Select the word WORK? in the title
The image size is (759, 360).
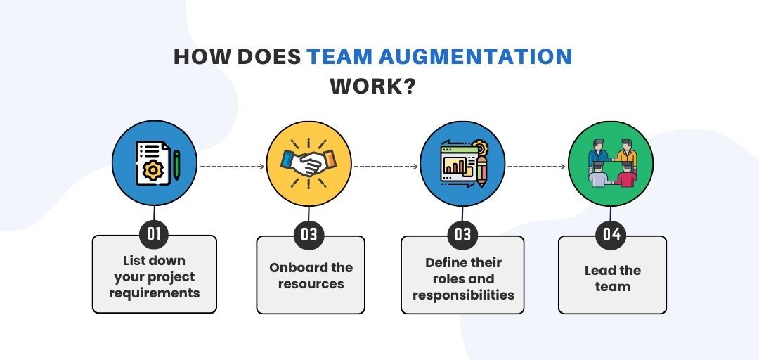[372, 86]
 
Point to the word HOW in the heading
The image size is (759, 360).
[202, 57]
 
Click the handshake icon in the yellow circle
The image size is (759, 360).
[309, 164]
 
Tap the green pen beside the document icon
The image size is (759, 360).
[176, 165]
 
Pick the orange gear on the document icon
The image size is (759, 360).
[153, 170]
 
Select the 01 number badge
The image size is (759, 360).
[154, 235]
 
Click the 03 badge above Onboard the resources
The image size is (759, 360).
[309, 235]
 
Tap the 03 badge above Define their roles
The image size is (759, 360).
[462, 235]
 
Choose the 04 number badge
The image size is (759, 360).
[611, 235]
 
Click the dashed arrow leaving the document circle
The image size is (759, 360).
[233, 167]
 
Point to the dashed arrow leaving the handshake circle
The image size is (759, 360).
[386, 167]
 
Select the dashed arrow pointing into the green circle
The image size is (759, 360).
[536, 167]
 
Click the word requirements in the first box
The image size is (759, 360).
[155, 293]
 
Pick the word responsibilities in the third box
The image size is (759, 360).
[463, 295]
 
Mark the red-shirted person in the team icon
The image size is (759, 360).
[627, 176]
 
